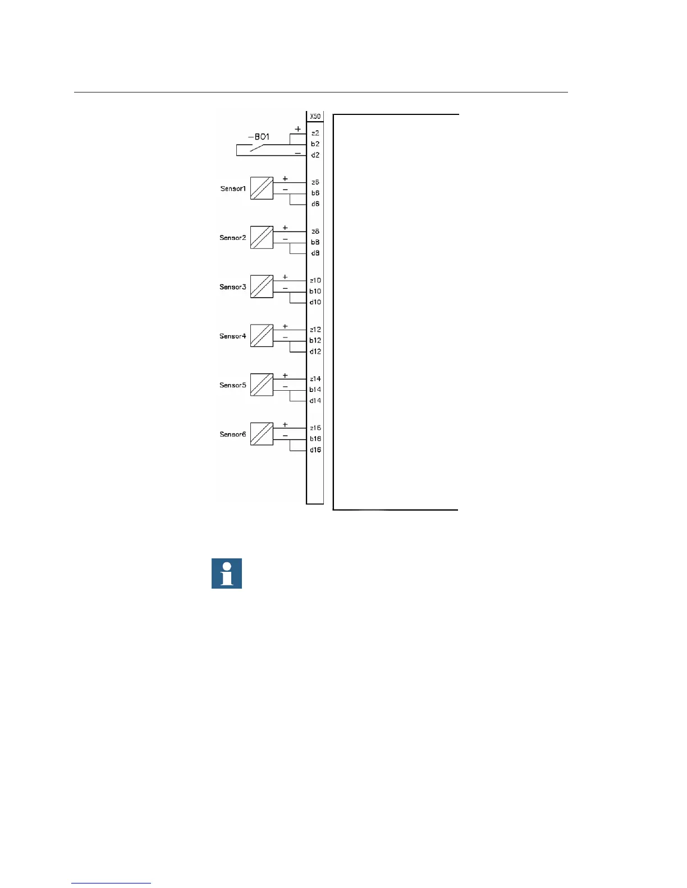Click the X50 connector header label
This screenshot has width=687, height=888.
click(315, 117)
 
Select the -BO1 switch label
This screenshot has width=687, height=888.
click(259, 137)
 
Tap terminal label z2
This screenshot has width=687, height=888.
click(315, 133)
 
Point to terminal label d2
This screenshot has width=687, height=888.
click(315, 155)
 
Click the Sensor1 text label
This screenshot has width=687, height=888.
click(233, 189)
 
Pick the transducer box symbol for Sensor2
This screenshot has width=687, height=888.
click(262, 238)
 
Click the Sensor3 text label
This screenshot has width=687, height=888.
click(233, 287)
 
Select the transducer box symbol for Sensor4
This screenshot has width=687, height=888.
click(262, 336)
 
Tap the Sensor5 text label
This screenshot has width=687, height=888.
click(233, 385)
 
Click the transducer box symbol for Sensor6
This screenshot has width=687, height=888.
click(262, 434)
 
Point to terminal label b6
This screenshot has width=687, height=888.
click(315, 193)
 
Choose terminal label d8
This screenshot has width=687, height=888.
click(315, 253)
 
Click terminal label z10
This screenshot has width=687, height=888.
click(315, 280)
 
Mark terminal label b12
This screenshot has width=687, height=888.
click(315, 341)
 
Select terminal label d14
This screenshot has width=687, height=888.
click(315, 401)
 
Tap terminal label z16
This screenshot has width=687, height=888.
click(315, 428)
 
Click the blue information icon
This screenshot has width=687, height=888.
click(227, 573)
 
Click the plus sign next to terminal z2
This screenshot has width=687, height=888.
click(298, 129)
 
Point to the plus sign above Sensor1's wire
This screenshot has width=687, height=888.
click(285, 179)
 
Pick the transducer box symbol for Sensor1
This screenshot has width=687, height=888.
click(262, 188)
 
